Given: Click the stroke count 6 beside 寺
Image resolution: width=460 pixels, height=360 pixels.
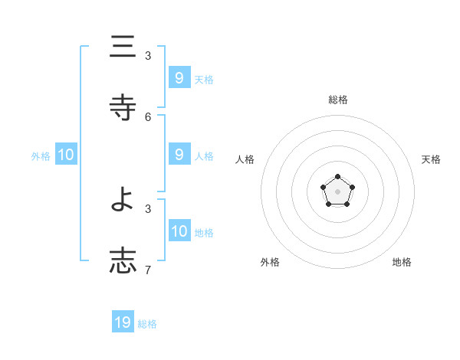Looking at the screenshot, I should pyautogui.click(x=148, y=116).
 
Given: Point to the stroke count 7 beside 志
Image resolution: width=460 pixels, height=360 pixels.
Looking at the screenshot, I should pyautogui.click(x=148, y=270).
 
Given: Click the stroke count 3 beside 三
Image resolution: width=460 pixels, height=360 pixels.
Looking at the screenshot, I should pyautogui.click(x=148, y=56).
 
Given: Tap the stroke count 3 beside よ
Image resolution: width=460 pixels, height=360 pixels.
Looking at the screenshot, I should pyautogui.click(x=148, y=209).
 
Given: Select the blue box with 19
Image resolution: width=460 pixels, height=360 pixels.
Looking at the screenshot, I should pyautogui.click(x=123, y=322).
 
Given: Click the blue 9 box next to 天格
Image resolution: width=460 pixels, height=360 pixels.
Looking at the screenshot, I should pyautogui.click(x=179, y=78).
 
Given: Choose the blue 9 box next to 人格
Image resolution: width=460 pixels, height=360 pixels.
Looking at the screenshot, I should pyautogui.click(x=179, y=155).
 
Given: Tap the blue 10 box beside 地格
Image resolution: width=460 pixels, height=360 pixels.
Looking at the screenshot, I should pyautogui.click(x=179, y=231).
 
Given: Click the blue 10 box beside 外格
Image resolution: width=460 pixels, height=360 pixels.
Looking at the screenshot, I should pyautogui.click(x=66, y=155).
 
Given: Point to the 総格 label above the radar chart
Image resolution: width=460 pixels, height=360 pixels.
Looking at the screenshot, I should pyautogui.click(x=338, y=100).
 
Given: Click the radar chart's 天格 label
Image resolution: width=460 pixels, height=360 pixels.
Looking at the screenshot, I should pyautogui.click(x=431, y=159).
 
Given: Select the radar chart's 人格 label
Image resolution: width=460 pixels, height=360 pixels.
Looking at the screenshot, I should pyautogui.click(x=245, y=159).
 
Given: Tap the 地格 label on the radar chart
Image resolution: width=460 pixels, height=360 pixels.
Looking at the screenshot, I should pyautogui.click(x=402, y=262).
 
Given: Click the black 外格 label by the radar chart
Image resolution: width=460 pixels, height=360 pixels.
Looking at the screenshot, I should pyautogui.click(x=270, y=262).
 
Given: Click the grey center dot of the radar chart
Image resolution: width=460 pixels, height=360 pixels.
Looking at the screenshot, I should pyautogui.click(x=337, y=191).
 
